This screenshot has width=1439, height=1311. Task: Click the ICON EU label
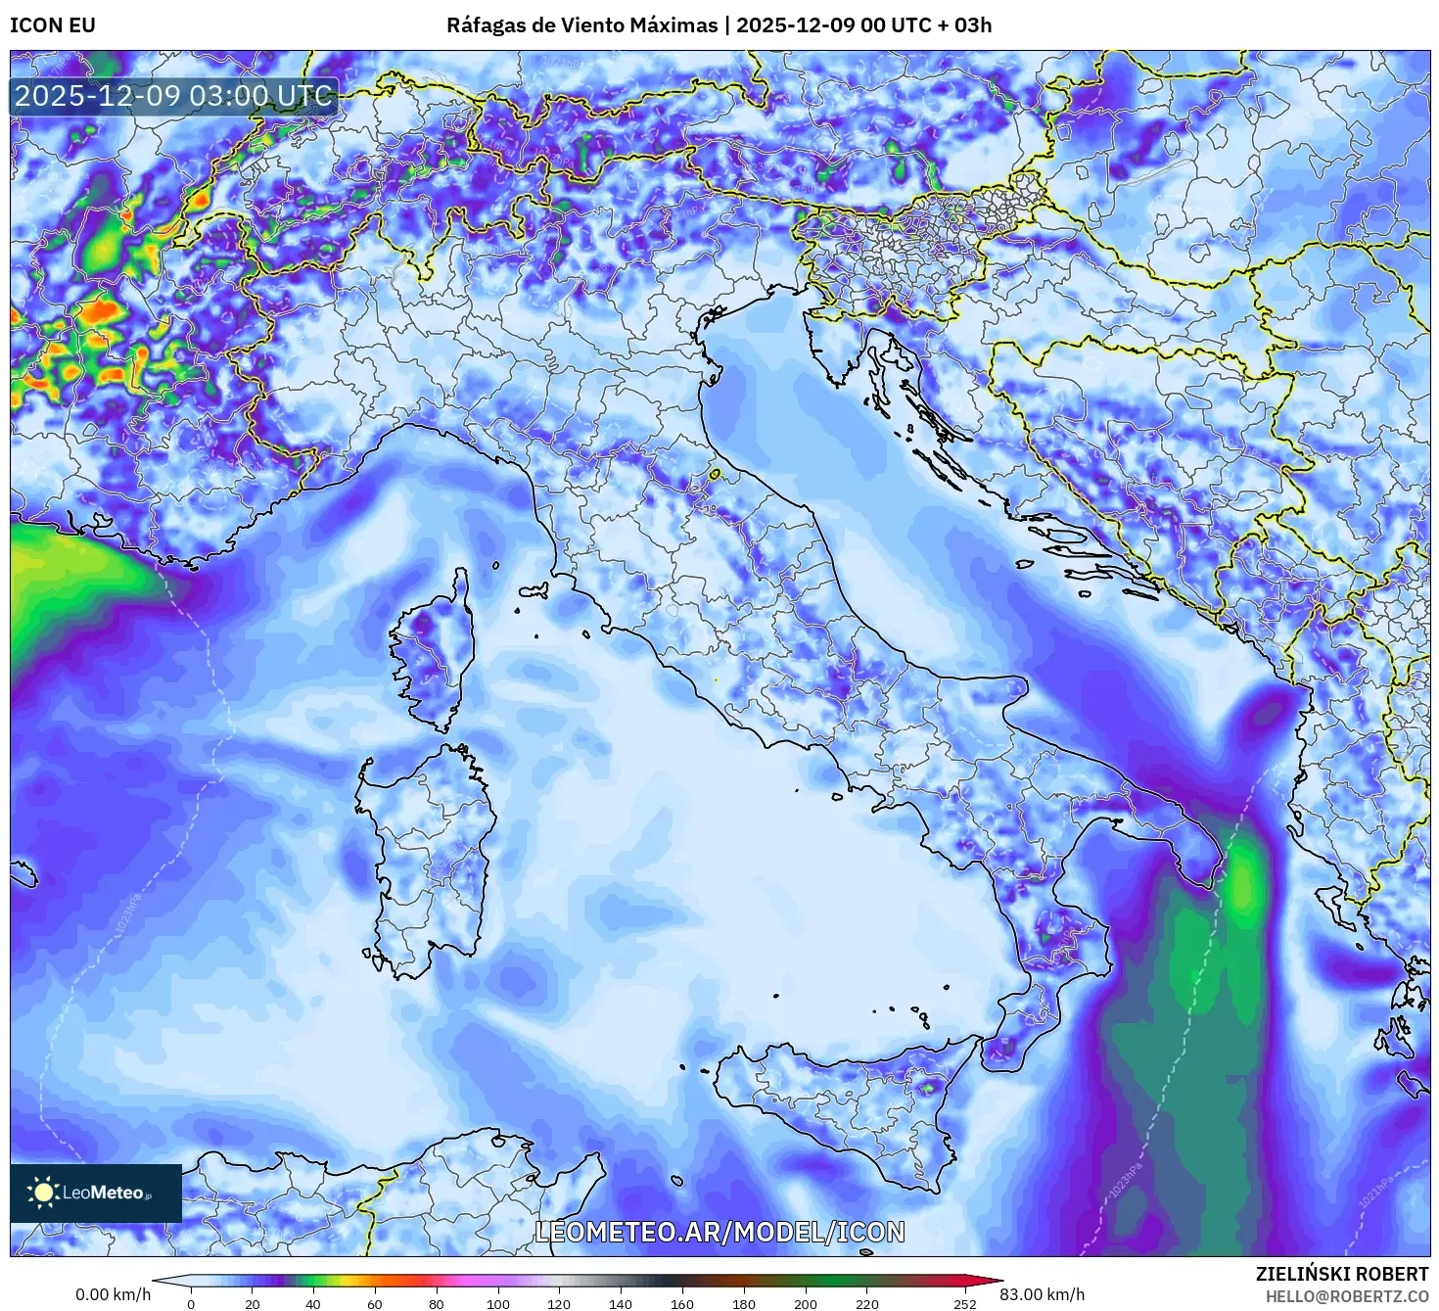pyautogui.click(x=53, y=25)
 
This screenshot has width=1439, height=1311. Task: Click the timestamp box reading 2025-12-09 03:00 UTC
pyautogui.click(x=174, y=96)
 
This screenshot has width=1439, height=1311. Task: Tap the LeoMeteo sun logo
pyautogui.click(x=43, y=1192)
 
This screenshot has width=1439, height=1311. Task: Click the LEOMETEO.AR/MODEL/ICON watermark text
pyautogui.click(x=719, y=1232)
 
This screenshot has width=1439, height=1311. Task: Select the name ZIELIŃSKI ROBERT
pyautogui.click(x=1342, y=1274)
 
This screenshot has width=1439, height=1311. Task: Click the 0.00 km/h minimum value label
pyautogui.click(x=113, y=1294)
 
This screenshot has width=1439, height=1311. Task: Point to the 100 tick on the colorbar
pyautogui.click(x=498, y=1303)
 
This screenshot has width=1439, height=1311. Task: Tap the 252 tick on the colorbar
pyautogui.click(x=965, y=1303)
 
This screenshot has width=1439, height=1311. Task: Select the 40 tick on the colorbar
pyautogui.click(x=313, y=1303)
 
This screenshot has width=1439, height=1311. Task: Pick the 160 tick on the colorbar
pyautogui.click(x=682, y=1303)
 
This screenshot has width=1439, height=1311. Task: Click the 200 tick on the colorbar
pyautogui.click(x=806, y=1303)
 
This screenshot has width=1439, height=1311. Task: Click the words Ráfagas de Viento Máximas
pyautogui.click(x=581, y=25)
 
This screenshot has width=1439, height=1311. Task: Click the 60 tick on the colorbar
pyautogui.click(x=375, y=1303)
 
